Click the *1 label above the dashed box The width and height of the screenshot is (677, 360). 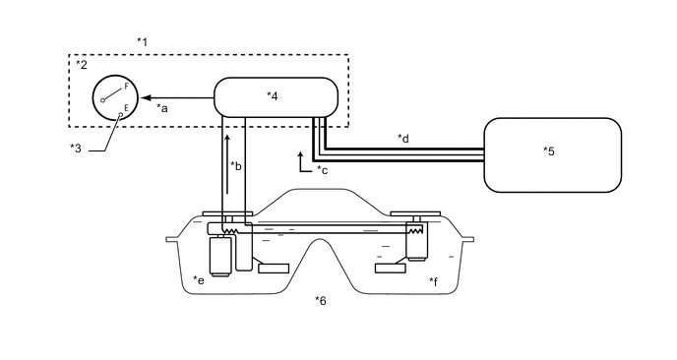pyautogui.click(x=142, y=42)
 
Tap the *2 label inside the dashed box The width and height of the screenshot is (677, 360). pyautogui.click(x=81, y=65)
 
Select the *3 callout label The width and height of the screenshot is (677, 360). pyautogui.click(x=76, y=149)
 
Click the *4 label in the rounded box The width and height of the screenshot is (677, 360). pyautogui.click(x=272, y=95)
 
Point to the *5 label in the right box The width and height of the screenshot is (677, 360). pyautogui.click(x=549, y=151)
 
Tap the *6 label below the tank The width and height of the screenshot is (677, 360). pyautogui.click(x=321, y=300)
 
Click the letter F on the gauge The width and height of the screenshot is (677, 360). pyautogui.click(x=127, y=87)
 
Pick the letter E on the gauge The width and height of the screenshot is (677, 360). pyautogui.click(x=127, y=107)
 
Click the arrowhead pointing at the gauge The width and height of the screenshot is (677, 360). pyautogui.click(x=146, y=98)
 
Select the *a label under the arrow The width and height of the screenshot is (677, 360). pyautogui.click(x=162, y=108)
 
